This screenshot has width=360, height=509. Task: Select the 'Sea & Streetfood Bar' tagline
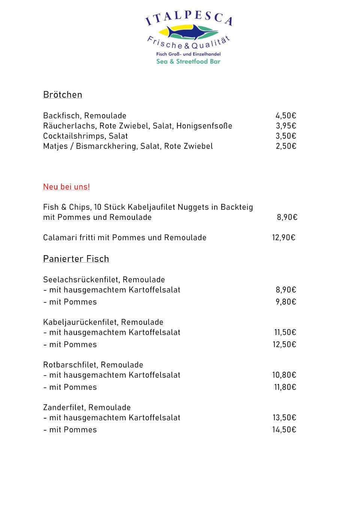coord(188,62)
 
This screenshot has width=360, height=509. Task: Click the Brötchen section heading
coord(63,95)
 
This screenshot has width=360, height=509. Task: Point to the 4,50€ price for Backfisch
coord(286,116)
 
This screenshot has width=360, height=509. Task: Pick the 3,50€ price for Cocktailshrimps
coord(286,136)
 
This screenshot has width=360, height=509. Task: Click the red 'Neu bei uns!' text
coord(66,187)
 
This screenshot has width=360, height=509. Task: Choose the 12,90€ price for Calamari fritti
coord(283,238)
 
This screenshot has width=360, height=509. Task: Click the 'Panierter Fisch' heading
coord(76,259)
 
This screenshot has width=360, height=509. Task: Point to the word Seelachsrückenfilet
coord(81,280)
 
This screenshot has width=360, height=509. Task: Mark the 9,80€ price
coord(286,302)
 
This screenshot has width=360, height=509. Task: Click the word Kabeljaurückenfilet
coord(81,322)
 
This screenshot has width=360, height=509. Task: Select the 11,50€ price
coord(285,333)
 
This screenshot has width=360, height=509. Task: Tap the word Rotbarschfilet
coord(70,365)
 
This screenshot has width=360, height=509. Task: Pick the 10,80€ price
coord(284,375)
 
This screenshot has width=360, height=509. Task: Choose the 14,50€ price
coord(284,430)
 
